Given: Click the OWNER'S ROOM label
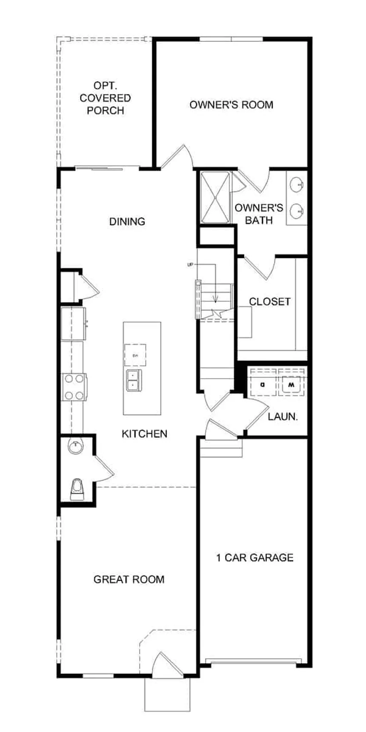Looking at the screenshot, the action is [x=231, y=105].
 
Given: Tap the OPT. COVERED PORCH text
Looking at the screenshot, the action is [x=105, y=98].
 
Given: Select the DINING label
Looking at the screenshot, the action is [x=127, y=221].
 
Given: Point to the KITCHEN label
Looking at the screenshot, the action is [x=144, y=434].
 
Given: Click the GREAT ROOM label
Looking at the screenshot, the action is [x=129, y=579].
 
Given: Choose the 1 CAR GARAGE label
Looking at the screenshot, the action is [x=254, y=558].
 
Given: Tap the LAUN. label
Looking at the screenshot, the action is [x=283, y=417].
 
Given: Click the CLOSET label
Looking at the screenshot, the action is [x=270, y=302].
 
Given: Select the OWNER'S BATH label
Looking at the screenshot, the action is [x=259, y=214].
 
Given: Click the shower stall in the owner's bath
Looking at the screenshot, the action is [x=215, y=197].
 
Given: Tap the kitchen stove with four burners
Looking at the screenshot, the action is [x=74, y=387].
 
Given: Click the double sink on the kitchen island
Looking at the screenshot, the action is [x=134, y=380].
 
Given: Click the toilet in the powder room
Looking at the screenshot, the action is [x=77, y=489].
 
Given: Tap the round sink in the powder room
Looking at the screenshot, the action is [x=76, y=446].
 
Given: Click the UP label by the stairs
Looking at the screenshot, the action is [x=190, y=265].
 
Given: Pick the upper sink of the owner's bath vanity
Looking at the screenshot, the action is [x=297, y=185].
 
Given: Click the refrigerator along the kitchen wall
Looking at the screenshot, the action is [x=74, y=323].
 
